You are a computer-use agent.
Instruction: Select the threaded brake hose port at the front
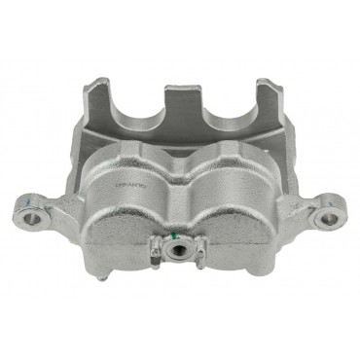tap(180, 251)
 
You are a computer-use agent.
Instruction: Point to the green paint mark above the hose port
tap(174, 234)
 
